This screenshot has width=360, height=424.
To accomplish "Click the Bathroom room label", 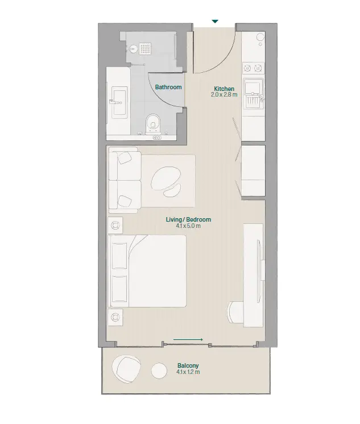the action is coord(168,87).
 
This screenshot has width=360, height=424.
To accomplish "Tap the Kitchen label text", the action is coord(224,89).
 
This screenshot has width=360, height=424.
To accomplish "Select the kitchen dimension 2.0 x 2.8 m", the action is coord(224,95).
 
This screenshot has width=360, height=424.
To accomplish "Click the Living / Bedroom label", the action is coord(188,219).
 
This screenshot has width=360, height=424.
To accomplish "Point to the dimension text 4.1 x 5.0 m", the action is coord(188,226).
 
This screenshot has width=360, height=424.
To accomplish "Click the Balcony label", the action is coord(188,365).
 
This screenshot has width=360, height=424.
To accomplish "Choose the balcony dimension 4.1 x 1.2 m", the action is coord(188,372).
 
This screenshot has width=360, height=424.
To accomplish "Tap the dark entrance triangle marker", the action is coord(215,22).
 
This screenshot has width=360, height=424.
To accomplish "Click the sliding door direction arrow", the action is coord(188,339).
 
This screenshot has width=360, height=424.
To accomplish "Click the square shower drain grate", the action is coord(146,48).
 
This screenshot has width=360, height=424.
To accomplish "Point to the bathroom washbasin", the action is coord(119,102).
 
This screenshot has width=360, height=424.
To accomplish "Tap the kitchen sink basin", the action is coord(253,88).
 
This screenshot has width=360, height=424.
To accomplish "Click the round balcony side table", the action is coord(159,371).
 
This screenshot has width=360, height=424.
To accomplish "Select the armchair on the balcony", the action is coord(126,369).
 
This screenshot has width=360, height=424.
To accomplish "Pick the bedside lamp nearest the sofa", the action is coord(115,225).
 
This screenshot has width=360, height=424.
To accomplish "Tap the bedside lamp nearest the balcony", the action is coord(115,317).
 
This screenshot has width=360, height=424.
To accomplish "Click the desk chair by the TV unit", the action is coord(235,312).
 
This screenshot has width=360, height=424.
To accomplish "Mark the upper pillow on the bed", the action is coord(119,256).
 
